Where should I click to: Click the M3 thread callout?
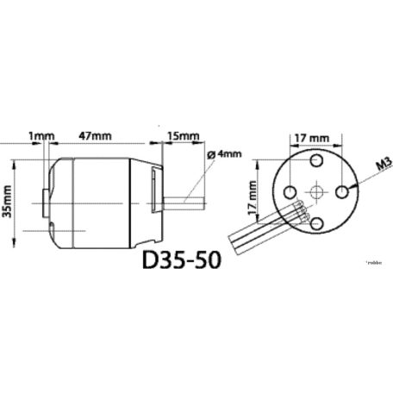coord(381,164)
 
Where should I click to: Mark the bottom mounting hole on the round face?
coord(317,223)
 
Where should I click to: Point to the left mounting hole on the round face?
coord(289,192)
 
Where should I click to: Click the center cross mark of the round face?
coord(317,192)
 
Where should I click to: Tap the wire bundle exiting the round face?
coord(259,228)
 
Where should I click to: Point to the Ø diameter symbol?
coord(212,154)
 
